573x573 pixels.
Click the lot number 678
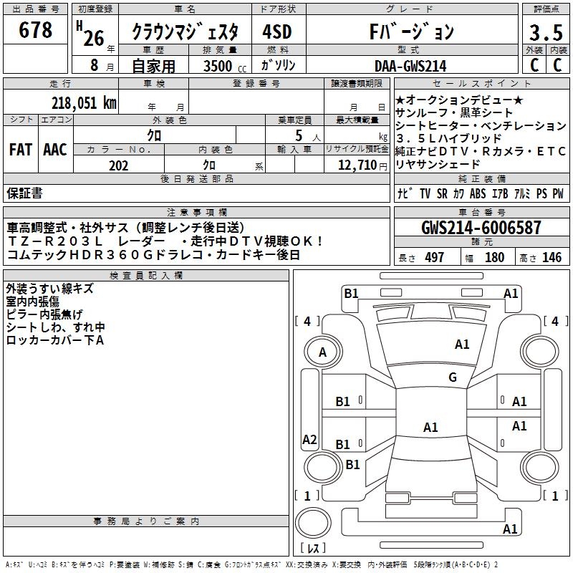point(36,30)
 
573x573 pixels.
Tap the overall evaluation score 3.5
point(544,32)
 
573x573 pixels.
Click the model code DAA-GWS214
point(410,66)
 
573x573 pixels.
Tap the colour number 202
point(119,165)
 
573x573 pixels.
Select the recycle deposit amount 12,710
point(352,165)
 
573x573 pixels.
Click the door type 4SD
point(277,32)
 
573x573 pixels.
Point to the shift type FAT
point(20,150)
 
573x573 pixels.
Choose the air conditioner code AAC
point(55,150)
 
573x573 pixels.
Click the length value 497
point(435,257)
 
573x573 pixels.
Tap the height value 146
point(552,257)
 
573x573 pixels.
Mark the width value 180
point(494,257)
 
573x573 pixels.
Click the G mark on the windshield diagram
point(452,377)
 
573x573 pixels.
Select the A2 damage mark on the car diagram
point(309,440)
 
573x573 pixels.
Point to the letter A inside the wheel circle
point(322,352)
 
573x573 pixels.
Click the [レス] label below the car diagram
point(312,549)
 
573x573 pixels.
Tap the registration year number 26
point(94,37)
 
